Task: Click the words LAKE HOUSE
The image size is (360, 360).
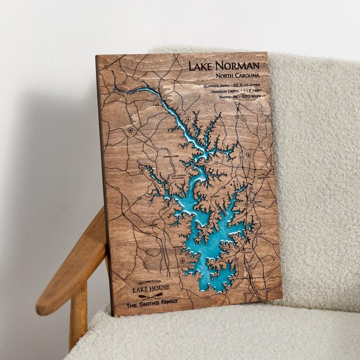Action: [151, 288]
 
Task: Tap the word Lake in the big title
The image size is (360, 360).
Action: [201, 66]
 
